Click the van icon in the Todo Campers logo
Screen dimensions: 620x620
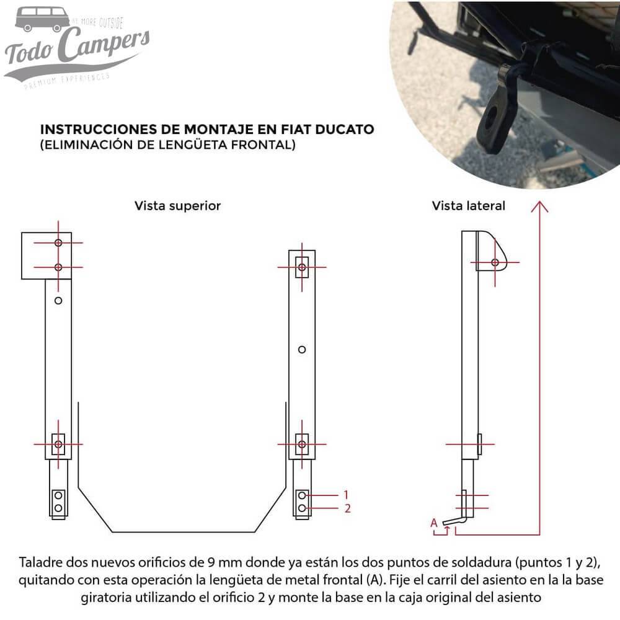(x=42, y=19)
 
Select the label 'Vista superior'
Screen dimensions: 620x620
(x=177, y=206)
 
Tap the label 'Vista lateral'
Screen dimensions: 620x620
(x=468, y=206)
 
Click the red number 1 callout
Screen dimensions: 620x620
(x=347, y=495)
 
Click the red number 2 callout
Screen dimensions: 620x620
(x=347, y=508)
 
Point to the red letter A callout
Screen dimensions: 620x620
(x=434, y=523)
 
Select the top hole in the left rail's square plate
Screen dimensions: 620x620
(x=58, y=242)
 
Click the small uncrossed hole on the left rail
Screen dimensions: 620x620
(x=58, y=301)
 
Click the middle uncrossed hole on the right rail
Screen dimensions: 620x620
(x=302, y=350)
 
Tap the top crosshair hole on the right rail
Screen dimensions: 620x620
(x=302, y=267)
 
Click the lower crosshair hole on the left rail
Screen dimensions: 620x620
(x=58, y=444)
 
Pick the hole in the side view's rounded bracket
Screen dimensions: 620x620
(x=495, y=262)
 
